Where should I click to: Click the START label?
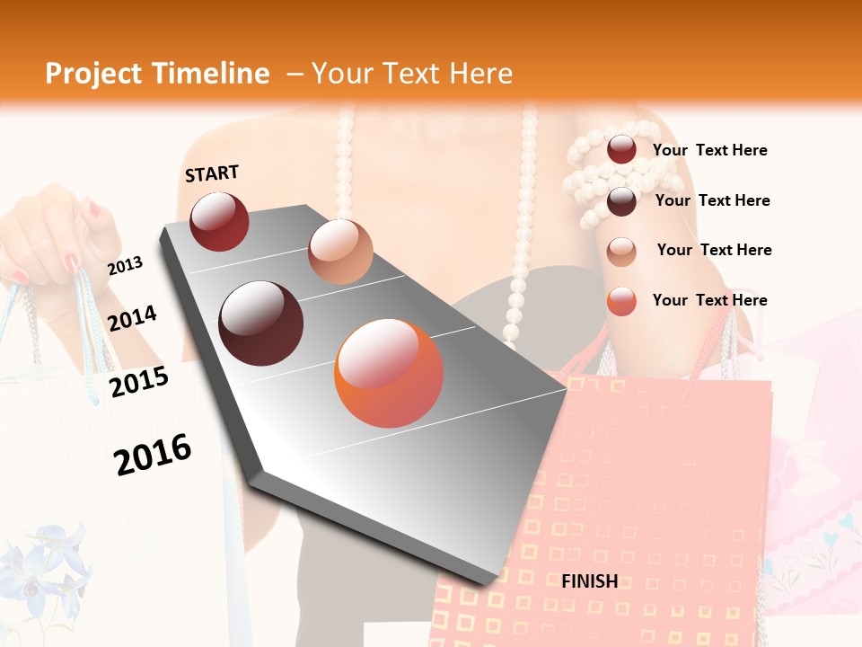pos(212,173)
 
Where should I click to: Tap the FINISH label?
pos(590,581)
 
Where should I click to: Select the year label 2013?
pos(125,265)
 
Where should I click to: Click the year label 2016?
pos(153,454)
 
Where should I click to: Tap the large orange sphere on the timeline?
pos(389,373)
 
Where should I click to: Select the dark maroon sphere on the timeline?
pos(261,323)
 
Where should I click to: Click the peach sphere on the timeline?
pos(340,252)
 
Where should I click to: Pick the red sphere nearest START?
pos(219,221)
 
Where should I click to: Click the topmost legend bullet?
pos(621,150)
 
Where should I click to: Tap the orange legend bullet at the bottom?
pos(621,301)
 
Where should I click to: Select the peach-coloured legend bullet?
pos(621,251)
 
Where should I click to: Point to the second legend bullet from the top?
pos(621,201)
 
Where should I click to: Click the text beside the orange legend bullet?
pos(709,300)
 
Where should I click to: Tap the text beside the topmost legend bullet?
pos(709,150)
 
